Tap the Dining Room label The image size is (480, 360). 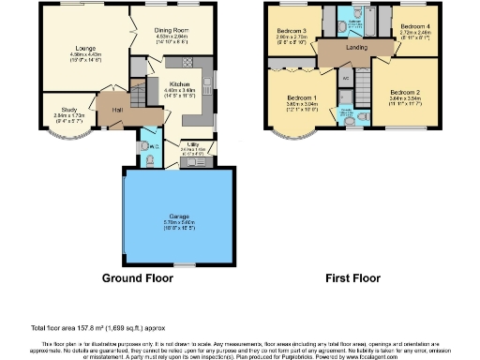[172, 29]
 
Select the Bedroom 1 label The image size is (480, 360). [302, 97]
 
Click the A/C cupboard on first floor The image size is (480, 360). [346, 77]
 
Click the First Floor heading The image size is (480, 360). [352, 278]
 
